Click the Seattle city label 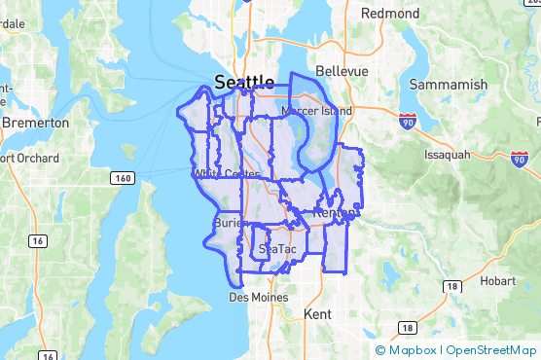click(x=244, y=82)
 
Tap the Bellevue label click(x=342, y=72)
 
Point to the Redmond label click(x=389, y=15)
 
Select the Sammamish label click(x=448, y=85)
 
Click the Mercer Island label click(x=316, y=111)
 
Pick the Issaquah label click(x=448, y=154)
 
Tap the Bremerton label click(x=36, y=124)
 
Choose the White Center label click(x=227, y=174)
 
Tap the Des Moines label click(x=253, y=297)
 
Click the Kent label click(x=317, y=315)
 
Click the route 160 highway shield click(x=123, y=177)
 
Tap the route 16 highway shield click(x=37, y=239)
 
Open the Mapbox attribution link click(x=412, y=350)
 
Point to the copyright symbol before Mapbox click(x=380, y=350)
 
